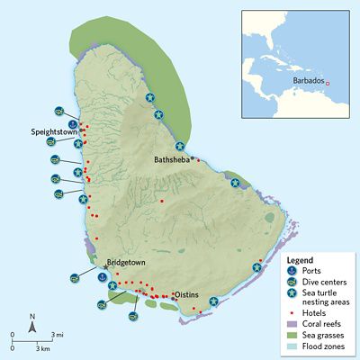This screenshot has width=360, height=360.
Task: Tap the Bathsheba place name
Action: tap(173, 159)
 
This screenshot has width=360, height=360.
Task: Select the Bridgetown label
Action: tap(126, 264)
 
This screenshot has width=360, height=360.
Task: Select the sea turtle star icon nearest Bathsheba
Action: tap(179, 146)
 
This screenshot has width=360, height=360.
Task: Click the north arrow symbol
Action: tap(32, 325)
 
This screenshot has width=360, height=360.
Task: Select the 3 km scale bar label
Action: tap(41, 347)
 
